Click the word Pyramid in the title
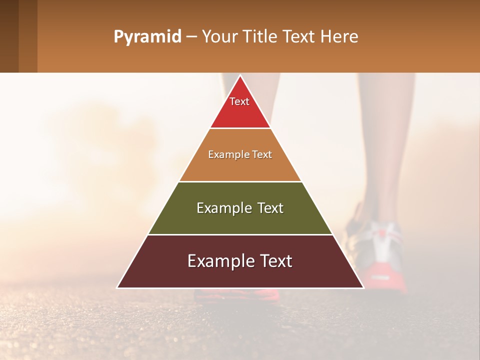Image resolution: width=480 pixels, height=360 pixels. (147, 37)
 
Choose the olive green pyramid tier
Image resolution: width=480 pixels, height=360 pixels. (240, 220)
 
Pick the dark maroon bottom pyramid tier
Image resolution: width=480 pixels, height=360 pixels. (240, 275)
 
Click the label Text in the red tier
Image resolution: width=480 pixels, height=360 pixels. (239, 101)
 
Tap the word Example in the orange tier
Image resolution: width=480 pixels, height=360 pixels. (224, 154)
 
